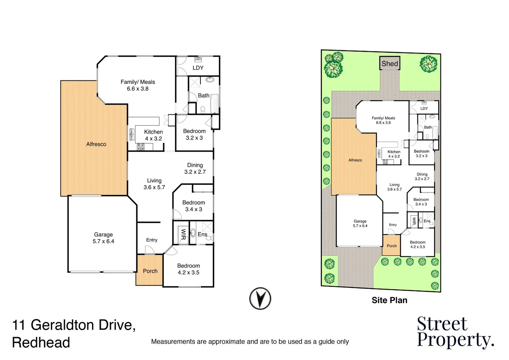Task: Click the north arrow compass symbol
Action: (260, 298)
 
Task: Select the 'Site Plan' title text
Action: (389, 300)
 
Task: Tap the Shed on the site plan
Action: (390, 63)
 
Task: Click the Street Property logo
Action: (455, 332)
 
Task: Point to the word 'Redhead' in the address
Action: (41, 343)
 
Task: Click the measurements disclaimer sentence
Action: (250, 342)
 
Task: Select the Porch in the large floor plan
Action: (150, 270)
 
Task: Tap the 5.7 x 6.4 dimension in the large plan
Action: (103, 241)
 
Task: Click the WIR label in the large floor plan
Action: (183, 234)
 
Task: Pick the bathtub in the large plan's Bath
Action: (215, 104)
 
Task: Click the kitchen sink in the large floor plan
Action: (132, 134)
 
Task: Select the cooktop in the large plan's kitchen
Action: (141, 146)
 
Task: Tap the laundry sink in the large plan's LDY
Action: (198, 60)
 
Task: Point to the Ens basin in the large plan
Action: (193, 233)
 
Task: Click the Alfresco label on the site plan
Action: (355, 160)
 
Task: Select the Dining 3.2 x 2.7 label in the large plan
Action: (195, 168)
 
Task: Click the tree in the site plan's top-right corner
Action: (428, 64)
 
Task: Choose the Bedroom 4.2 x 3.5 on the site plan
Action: (417, 245)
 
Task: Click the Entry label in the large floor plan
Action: (152, 240)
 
